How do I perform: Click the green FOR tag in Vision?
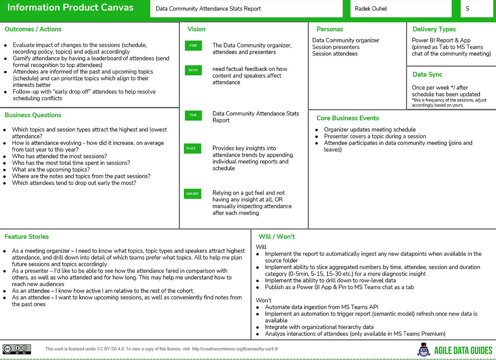193,46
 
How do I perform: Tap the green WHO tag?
193,70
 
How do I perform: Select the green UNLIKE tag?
192,194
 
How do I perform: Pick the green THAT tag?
191,148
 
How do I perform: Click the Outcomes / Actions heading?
33,29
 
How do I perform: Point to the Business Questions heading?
33,115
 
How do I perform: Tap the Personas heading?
330,29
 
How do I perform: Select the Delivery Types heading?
434,29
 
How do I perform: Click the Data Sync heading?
427,75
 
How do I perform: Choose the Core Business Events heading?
347,118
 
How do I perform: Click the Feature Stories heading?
27,237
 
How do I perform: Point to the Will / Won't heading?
277,237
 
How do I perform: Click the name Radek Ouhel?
371,9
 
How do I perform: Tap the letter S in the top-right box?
467,9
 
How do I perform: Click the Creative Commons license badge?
17,349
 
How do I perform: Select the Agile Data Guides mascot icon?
423,350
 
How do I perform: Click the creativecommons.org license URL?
235,349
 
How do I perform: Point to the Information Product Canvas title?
70,7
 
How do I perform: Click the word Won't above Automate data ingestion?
263,300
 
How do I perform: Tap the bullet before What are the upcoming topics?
5,170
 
